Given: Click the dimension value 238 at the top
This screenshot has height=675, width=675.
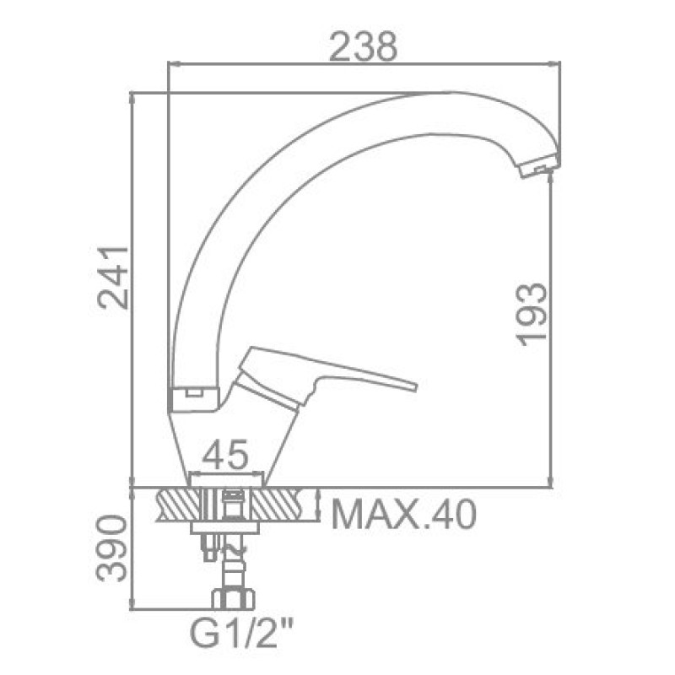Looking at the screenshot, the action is (x=363, y=46).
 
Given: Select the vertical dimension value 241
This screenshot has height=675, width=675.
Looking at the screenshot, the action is (x=114, y=278).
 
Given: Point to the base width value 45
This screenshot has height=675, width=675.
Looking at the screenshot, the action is (x=225, y=454).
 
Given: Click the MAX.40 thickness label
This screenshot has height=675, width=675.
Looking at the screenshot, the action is (x=404, y=515).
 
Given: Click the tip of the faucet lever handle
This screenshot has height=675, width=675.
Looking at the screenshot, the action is (x=416, y=386).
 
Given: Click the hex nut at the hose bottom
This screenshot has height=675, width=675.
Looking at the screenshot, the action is (x=233, y=599).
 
